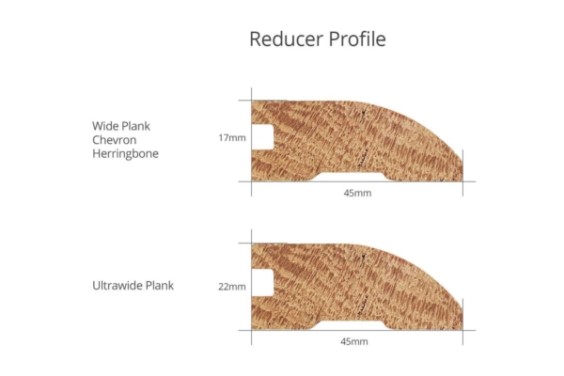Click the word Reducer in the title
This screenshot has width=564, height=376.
click(x=282, y=39)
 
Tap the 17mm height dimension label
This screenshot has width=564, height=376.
click(x=231, y=138)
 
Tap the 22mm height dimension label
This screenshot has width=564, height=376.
click(x=231, y=287)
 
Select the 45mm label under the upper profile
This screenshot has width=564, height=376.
click(x=356, y=194)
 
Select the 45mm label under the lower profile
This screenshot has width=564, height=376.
click(x=354, y=341)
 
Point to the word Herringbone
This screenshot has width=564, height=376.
click(x=125, y=153)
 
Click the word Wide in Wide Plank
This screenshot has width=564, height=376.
click(x=106, y=125)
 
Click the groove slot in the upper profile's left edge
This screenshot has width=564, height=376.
click(x=262, y=136)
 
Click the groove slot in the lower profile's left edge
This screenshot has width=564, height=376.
click(x=262, y=283)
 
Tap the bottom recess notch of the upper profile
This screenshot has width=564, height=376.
click(x=352, y=176)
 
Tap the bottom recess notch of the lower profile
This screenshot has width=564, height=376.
click(x=352, y=323)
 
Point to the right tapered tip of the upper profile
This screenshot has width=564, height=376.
click(x=460, y=174)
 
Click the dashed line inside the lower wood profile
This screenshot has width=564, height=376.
click(x=363, y=287)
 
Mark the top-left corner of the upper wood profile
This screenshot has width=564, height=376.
click(x=252, y=102)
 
